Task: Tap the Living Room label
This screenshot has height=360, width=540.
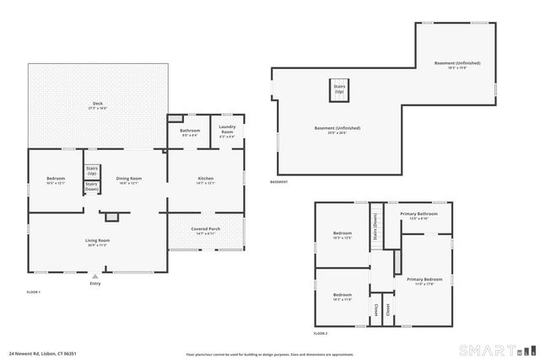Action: point(98,242)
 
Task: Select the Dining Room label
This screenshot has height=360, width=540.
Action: point(128,180)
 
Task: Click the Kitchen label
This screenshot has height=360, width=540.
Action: point(205,180)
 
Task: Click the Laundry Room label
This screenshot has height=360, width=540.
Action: point(227,131)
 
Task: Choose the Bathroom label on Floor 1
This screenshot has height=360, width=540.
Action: point(190,132)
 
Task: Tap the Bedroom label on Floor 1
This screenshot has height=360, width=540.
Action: point(55,180)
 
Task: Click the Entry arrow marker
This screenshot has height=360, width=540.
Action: point(94,276)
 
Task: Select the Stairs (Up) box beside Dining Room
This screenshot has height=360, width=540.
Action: point(91,170)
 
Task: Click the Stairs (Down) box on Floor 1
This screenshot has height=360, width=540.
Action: point(91,186)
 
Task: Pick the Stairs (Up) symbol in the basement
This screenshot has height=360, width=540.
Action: point(339,89)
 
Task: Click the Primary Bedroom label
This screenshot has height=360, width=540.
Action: point(424,281)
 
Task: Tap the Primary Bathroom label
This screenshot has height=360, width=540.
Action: point(418,215)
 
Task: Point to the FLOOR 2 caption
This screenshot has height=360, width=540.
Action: point(320,334)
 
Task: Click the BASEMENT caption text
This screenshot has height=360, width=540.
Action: point(279,182)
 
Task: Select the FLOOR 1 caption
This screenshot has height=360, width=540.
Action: point(34,292)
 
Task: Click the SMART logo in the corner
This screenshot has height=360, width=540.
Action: point(493,348)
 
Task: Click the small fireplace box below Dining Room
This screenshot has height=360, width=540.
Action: point(111,217)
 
